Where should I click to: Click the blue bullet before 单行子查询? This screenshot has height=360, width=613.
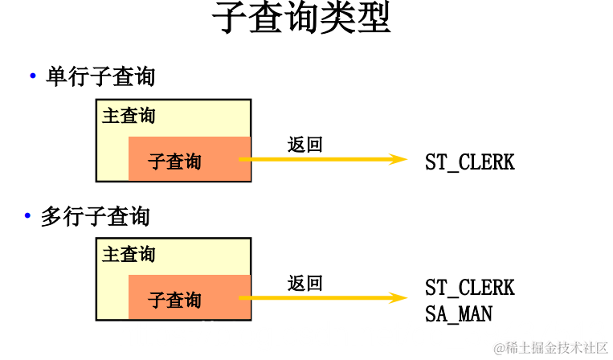point(33,76)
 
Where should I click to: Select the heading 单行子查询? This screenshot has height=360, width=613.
point(100,77)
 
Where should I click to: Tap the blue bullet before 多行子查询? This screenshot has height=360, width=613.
point(27,216)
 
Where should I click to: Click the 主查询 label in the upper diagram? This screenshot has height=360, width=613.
point(129,116)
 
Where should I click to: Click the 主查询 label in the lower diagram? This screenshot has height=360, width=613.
point(129,255)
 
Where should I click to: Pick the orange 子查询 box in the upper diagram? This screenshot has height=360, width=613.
point(189,159)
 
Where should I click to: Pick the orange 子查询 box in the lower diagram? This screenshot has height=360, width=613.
point(189,298)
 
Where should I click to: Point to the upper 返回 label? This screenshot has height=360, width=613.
point(304,145)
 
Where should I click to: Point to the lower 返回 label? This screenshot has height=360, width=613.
point(304,284)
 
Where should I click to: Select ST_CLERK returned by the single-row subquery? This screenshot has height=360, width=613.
point(469,162)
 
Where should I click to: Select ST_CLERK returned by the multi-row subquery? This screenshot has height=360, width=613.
point(469,288)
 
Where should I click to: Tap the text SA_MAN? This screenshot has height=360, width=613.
point(458,313)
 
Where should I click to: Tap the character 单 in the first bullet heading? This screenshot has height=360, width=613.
point(55,77)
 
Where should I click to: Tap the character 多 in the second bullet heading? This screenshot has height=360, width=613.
point(50,217)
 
